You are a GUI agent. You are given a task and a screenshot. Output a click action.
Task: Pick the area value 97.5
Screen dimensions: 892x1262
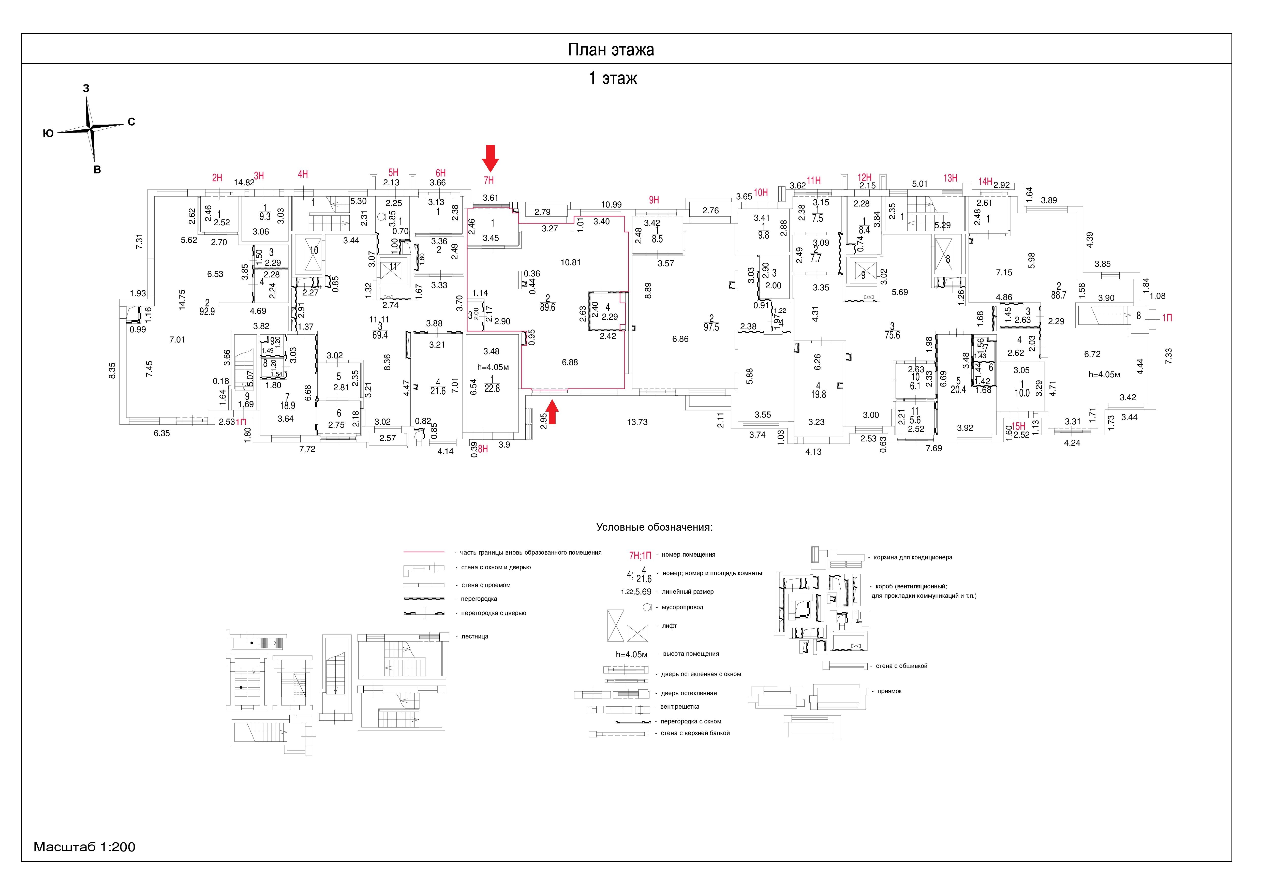pyautogui.click(x=711, y=327)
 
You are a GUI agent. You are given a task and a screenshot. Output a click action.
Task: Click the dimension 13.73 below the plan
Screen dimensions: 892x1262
pyautogui.click(x=637, y=422)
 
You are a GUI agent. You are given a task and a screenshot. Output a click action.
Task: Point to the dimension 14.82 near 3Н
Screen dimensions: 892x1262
pyautogui.click(x=244, y=183)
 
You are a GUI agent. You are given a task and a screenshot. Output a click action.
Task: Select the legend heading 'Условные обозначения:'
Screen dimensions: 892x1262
pyautogui.click(x=654, y=528)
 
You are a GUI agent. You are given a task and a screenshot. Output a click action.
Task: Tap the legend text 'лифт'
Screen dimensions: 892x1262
pyautogui.click(x=670, y=626)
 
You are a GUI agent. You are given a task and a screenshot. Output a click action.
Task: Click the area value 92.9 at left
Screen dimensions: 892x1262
pyautogui.click(x=207, y=311)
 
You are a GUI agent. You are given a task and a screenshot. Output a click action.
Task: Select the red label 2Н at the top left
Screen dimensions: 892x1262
pyautogui.click(x=217, y=177)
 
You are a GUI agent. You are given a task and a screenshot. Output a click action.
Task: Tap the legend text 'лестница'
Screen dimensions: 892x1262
pyautogui.click(x=474, y=636)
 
